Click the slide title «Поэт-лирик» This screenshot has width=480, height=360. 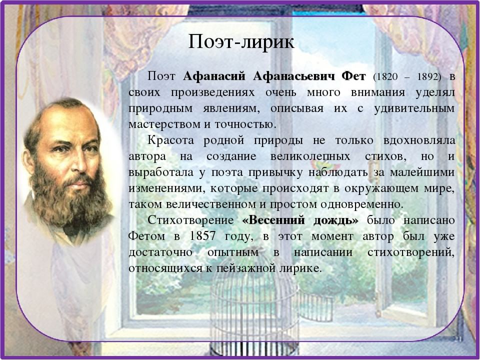[x=241, y=42]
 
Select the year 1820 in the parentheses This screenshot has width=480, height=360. [x=384, y=77]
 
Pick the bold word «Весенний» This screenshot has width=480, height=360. [x=271, y=220]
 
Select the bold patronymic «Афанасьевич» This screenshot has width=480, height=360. [x=293, y=76]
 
